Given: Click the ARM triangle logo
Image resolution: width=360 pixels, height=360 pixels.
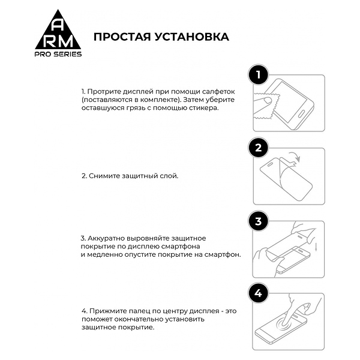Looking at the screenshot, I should click(58, 34).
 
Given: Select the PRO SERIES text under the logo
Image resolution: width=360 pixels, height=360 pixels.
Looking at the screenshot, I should click(58, 54).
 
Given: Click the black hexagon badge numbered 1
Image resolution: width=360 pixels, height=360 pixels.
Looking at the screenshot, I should click(258, 76).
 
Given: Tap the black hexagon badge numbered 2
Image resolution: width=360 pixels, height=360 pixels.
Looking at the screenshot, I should click(258, 148).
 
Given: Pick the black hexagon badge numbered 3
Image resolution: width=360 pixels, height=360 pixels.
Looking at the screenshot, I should click(258, 221).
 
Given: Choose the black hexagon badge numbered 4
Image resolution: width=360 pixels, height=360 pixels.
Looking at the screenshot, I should click(258, 294).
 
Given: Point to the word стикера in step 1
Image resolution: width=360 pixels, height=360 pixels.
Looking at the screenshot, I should click(202, 108).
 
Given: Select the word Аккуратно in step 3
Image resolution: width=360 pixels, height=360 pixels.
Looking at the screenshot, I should click(107, 237).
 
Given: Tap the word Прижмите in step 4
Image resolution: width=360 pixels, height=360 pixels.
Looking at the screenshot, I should click(107, 311).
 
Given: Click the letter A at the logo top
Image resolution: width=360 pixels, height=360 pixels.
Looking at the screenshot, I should click(58, 24).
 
